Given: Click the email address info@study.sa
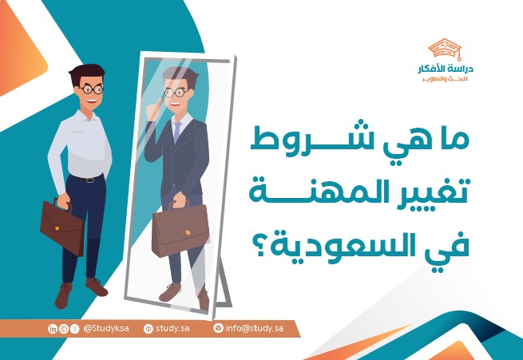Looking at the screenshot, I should pyautogui.click(x=255, y=328).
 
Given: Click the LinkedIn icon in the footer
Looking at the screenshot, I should pyautogui.click(x=53, y=328).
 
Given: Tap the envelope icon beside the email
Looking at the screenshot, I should pyautogui.click(x=218, y=328).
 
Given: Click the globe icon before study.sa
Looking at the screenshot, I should pyautogui.click(x=148, y=328).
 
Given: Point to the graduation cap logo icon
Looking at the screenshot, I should pyautogui.click(x=444, y=49).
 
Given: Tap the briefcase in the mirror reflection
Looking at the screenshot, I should pyautogui.click(x=180, y=231).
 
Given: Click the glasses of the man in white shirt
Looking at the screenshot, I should pyautogui.click(x=89, y=89).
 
